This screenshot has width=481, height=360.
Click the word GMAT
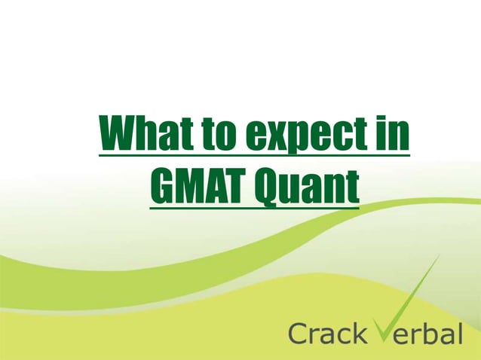(197, 188)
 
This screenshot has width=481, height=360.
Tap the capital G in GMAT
(163, 188)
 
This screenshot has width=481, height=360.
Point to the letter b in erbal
(432, 331)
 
